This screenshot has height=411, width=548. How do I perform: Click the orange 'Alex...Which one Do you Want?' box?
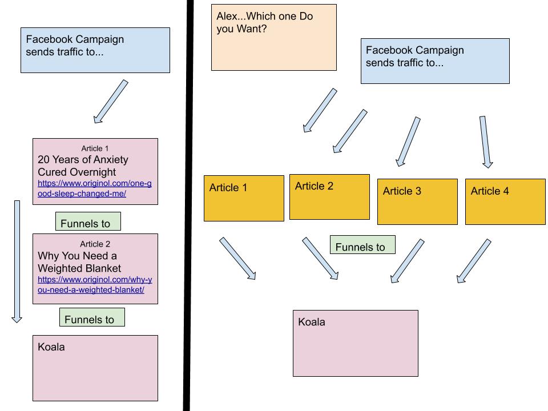click(273, 37)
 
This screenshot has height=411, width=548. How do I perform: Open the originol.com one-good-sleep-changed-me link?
click(95, 188)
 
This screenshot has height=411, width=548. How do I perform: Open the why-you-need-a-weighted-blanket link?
click(95, 284)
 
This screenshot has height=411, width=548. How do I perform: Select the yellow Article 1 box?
click(244, 198)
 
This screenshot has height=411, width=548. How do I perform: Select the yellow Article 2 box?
click(329, 197)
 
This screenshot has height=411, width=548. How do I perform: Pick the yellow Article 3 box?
click(417, 202)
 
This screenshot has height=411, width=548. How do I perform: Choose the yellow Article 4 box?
click(505, 202)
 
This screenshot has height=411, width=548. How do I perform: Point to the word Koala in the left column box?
click(51, 346)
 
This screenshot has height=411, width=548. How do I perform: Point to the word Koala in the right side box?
click(312, 322)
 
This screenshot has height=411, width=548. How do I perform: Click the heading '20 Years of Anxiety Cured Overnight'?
click(83, 166)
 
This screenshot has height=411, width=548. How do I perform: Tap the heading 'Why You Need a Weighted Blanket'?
click(79, 261)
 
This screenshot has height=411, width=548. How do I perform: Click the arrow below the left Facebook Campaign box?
click(110, 102)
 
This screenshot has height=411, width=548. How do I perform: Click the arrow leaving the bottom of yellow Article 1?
click(237, 259)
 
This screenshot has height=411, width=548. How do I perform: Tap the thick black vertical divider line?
click(187, 205)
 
